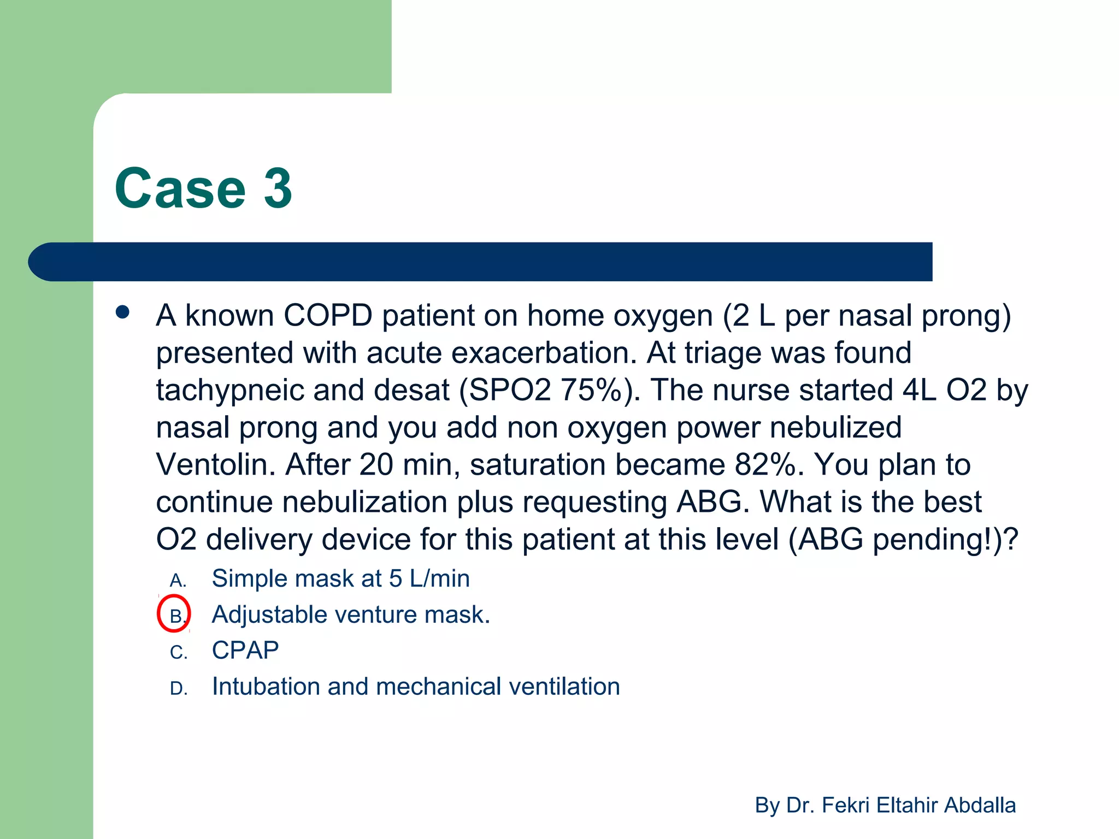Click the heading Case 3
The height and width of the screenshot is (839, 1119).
pyautogui.click(x=203, y=188)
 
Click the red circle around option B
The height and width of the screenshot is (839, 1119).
pyautogui.click(x=174, y=614)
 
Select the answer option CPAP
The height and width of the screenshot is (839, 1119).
pyautogui.click(x=245, y=651)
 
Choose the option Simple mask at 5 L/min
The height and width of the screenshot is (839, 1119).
pyautogui.click(x=340, y=578)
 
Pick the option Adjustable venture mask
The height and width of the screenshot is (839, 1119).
pyautogui.click(x=351, y=615)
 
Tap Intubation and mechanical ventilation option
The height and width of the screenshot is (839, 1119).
pyautogui.click(x=416, y=687)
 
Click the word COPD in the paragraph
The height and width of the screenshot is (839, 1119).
pyautogui.click(x=327, y=316)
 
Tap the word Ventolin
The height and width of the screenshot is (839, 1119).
pyautogui.click(x=215, y=464)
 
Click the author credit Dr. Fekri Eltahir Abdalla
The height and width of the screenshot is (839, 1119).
pyautogui.click(x=885, y=805)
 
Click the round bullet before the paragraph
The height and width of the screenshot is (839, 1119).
pyautogui.click(x=123, y=312)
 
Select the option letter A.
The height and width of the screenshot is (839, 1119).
pyautogui.click(x=178, y=580)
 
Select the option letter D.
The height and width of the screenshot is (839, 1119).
pyautogui.click(x=178, y=689)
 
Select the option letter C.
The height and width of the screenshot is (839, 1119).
pyautogui.click(x=178, y=653)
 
